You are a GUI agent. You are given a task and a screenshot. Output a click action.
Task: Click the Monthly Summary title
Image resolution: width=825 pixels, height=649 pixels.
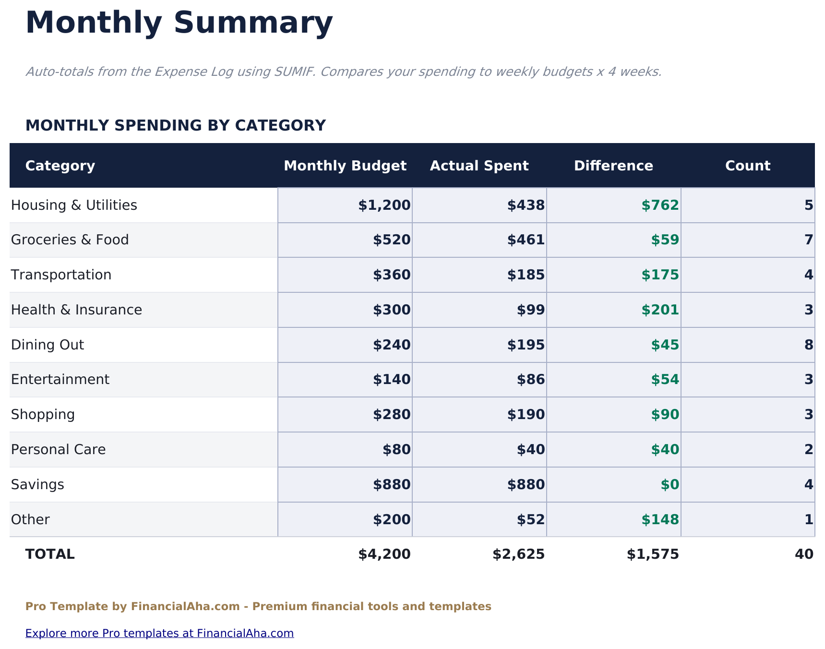click(x=179, y=23)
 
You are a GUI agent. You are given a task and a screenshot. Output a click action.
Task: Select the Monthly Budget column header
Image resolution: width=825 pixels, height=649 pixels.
click(x=345, y=166)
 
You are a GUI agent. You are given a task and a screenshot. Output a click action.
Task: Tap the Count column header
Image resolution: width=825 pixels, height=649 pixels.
click(x=747, y=166)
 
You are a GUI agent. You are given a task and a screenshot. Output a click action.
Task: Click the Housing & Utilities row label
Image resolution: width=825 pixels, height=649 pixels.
click(x=74, y=205)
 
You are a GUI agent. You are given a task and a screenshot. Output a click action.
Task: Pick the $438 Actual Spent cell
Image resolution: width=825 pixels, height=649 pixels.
click(x=526, y=205)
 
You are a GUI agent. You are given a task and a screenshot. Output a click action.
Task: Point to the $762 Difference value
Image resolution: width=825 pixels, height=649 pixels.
click(x=660, y=205)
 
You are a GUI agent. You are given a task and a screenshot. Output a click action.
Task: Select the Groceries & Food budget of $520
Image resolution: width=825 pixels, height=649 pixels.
click(x=392, y=240)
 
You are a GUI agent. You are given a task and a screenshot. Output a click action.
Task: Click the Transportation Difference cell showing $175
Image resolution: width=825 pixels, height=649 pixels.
click(x=660, y=275)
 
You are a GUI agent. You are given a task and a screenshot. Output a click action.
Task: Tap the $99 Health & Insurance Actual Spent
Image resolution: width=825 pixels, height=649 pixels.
click(x=531, y=310)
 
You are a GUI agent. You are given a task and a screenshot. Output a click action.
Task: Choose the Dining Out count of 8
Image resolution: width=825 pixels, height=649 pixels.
click(x=808, y=345)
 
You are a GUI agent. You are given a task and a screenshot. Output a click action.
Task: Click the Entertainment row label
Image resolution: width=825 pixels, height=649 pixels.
click(x=60, y=380)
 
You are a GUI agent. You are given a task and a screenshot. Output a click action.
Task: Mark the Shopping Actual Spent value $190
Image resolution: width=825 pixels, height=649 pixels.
click(x=526, y=415)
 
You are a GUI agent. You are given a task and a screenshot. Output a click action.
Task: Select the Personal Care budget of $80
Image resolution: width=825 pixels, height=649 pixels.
click(x=396, y=450)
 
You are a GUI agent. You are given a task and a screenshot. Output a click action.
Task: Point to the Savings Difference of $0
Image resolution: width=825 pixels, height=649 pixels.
click(x=670, y=485)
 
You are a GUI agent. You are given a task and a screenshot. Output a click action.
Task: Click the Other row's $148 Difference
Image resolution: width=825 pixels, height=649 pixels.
click(x=660, y=520)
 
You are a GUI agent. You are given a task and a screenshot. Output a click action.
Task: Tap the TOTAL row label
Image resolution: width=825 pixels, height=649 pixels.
click(x=50, y=554)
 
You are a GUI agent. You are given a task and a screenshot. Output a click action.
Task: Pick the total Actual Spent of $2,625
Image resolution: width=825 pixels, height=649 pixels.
click(x=518, y=554)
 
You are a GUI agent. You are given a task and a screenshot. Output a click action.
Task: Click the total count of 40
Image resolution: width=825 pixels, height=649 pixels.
click(x=804, y=554)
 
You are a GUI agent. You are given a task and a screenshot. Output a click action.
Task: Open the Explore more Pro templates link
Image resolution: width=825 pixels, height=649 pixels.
click(x=159, y=633)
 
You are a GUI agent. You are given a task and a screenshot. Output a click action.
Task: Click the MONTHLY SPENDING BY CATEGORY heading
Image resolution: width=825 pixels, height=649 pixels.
click(x=175, y=126)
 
